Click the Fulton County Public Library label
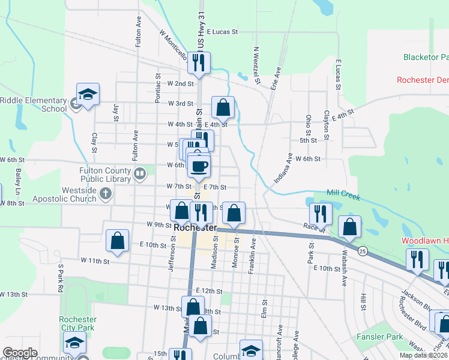105,175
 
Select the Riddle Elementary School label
33,104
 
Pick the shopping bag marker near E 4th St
223,108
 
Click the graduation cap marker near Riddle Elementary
88,94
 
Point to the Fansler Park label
379,337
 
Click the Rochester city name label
194,229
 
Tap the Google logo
20,353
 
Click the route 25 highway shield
363,248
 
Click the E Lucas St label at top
222,32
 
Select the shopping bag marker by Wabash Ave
349,227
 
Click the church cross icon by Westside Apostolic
106,193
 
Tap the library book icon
139,175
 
